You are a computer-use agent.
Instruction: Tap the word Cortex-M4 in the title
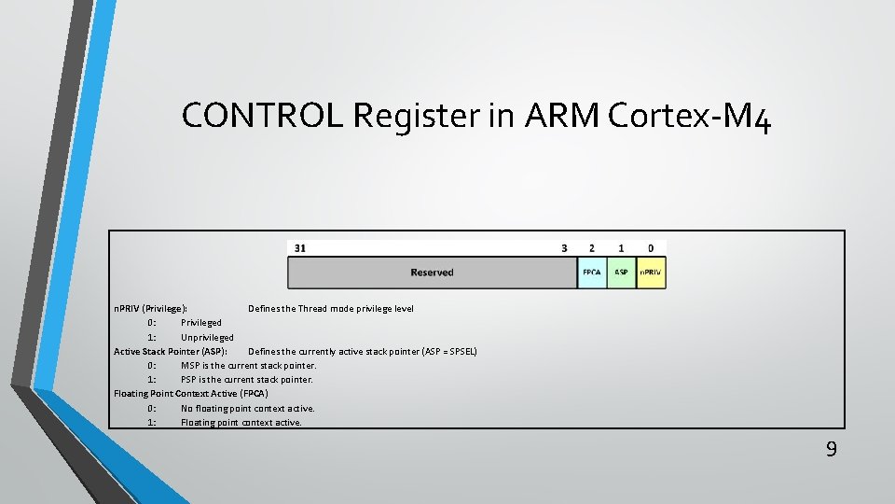click(689, 116)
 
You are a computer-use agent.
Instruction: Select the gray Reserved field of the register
click(432, 273)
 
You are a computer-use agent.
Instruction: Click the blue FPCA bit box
click(592, 273)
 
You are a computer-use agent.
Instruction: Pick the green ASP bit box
click(621, 273)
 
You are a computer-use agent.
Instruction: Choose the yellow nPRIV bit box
click(651, 273)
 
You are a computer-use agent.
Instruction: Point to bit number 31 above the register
click(299, 248)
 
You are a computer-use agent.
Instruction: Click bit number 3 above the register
click(564, 248)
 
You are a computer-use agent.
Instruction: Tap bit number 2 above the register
click(591, 248)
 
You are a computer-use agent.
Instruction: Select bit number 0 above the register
click(651, 248)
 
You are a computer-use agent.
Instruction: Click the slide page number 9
click(831, 450)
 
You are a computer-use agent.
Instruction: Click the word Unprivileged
click(207, 337)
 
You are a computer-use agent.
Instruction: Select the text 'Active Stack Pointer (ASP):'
click(170, 351)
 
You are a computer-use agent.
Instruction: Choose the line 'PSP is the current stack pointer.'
click(246, 380)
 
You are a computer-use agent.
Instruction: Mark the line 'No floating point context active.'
click(247, 408)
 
